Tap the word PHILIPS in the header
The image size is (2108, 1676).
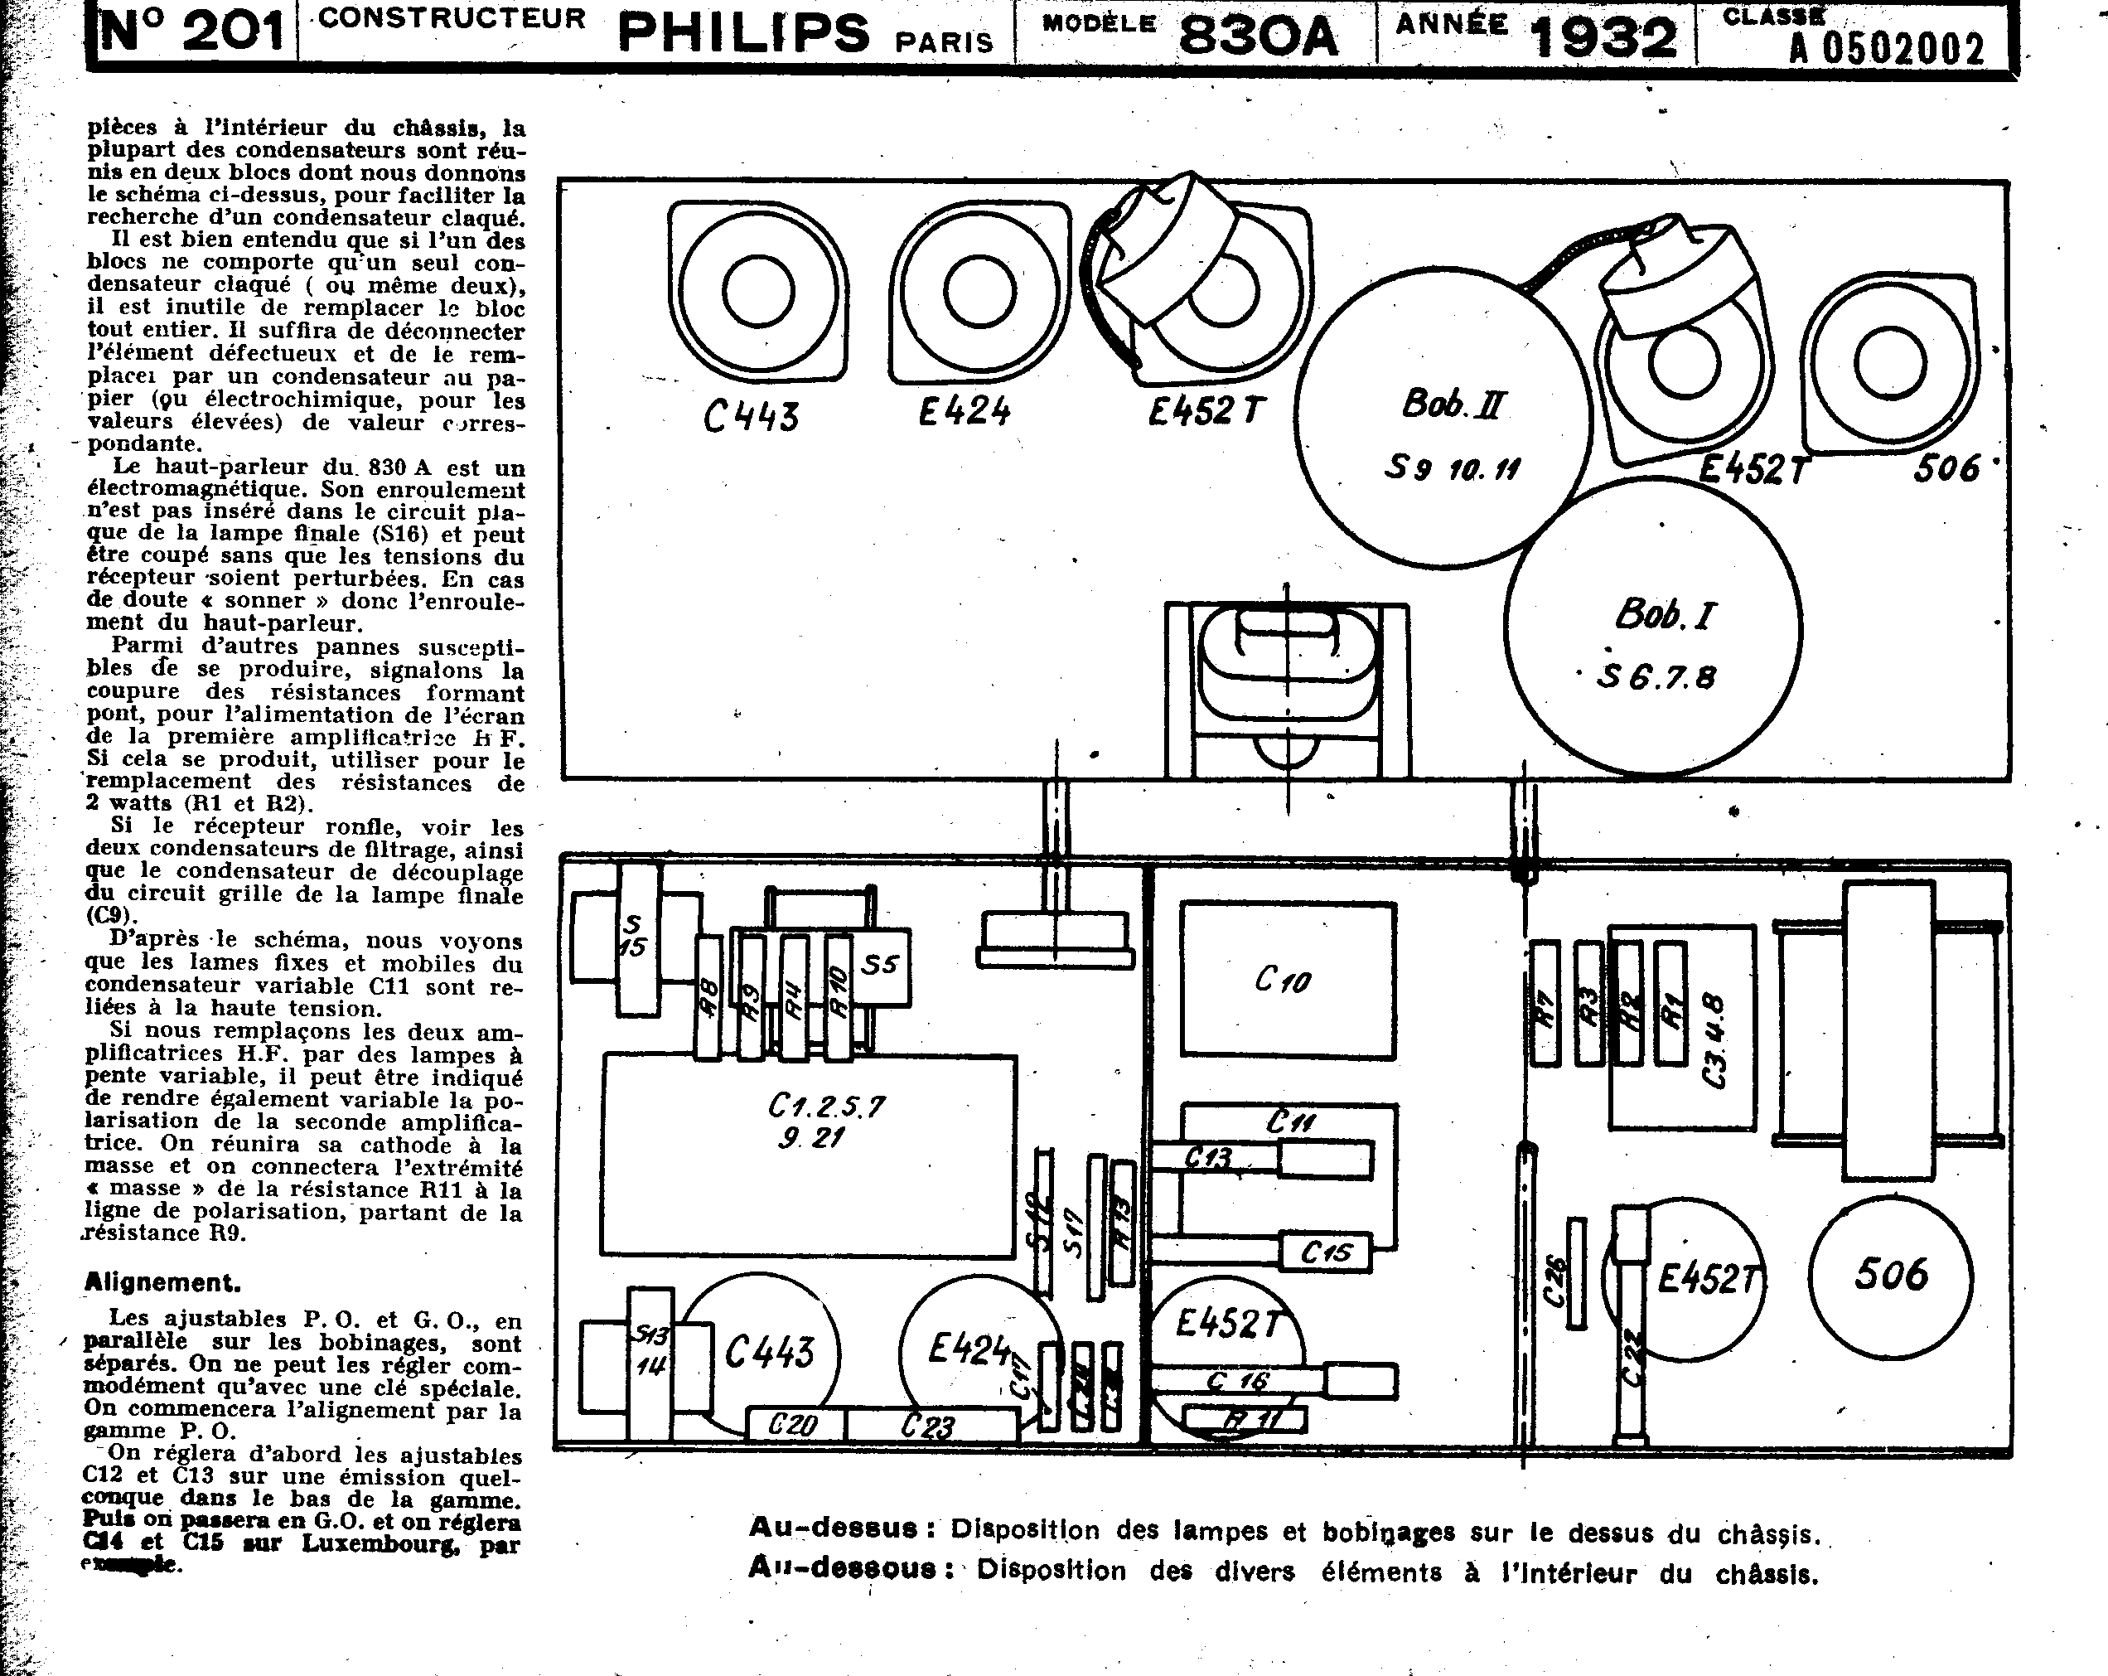743,33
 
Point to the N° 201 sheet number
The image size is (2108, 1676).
191,32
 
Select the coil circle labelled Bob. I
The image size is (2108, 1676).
1652,626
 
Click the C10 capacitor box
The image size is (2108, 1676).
1287,980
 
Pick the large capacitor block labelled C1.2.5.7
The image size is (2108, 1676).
809,1154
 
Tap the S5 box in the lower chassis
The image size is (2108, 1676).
880,966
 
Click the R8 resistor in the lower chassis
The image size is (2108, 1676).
708,997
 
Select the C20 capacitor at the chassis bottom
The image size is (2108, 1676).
793,1425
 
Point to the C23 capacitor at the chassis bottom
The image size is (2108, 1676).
929,1426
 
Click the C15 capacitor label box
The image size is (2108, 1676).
1326,1252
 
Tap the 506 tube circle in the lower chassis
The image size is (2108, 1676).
1891,1276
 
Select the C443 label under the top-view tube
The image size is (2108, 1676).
751,418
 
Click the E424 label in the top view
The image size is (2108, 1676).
964,410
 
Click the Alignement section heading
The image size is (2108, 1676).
162,1282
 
